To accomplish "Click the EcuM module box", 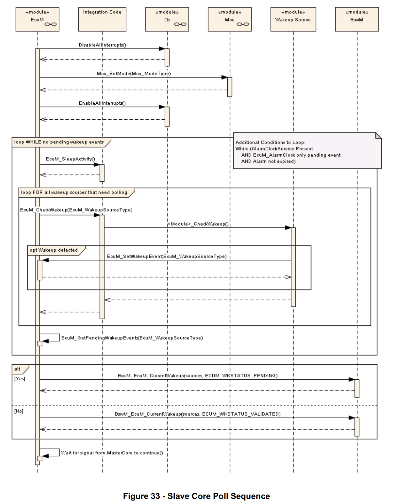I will (x=37, y=19).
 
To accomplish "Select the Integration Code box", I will (x=102, y=19).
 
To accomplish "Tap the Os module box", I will (x=167, y=19).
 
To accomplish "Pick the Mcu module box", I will (x=230, y=19).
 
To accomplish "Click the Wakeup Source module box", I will (x=293, y=19).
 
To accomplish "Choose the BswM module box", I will (x=357, y=19).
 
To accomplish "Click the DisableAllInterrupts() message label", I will (x=102, y=45).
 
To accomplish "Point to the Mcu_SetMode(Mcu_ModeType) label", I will (x=134, y=74).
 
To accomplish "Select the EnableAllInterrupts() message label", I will (x=102, y=103).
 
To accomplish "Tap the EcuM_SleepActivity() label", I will (x=70, y=159).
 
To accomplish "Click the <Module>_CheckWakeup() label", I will (x=198, y=224).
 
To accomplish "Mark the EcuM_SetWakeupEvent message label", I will (x=167, y=257).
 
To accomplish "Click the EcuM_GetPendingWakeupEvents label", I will (x=132, y=338).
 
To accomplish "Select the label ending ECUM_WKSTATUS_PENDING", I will (x=198, y=376).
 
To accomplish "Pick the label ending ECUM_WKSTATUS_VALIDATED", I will (x=198, y=414).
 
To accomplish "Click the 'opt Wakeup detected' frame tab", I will (x=54, y=250).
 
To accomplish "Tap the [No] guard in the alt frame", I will (x=19, y=411).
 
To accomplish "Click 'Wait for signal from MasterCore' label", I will (x=112, y=453).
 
